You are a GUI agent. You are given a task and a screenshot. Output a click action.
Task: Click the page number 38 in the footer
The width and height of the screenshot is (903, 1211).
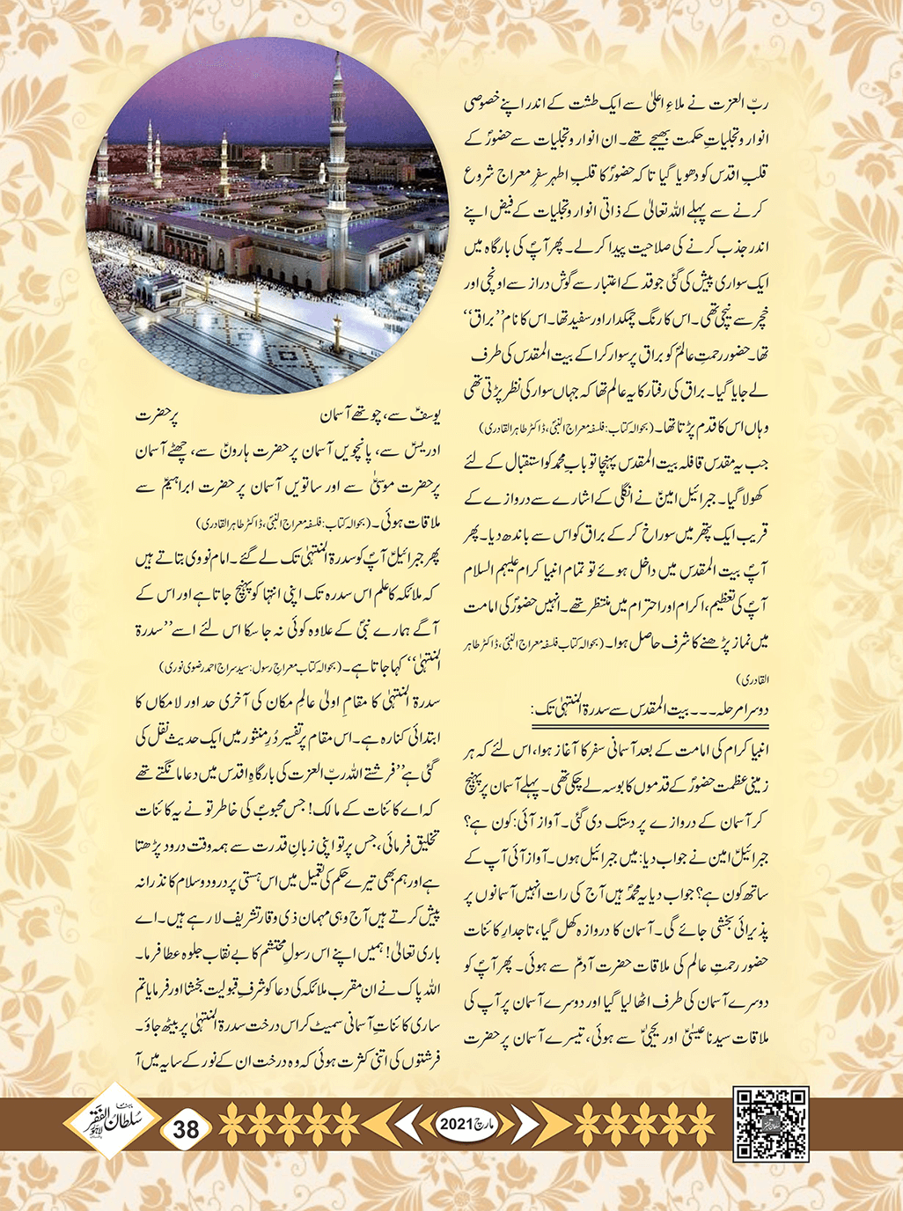187,1128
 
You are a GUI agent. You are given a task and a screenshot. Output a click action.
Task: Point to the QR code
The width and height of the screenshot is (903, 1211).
771,1124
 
